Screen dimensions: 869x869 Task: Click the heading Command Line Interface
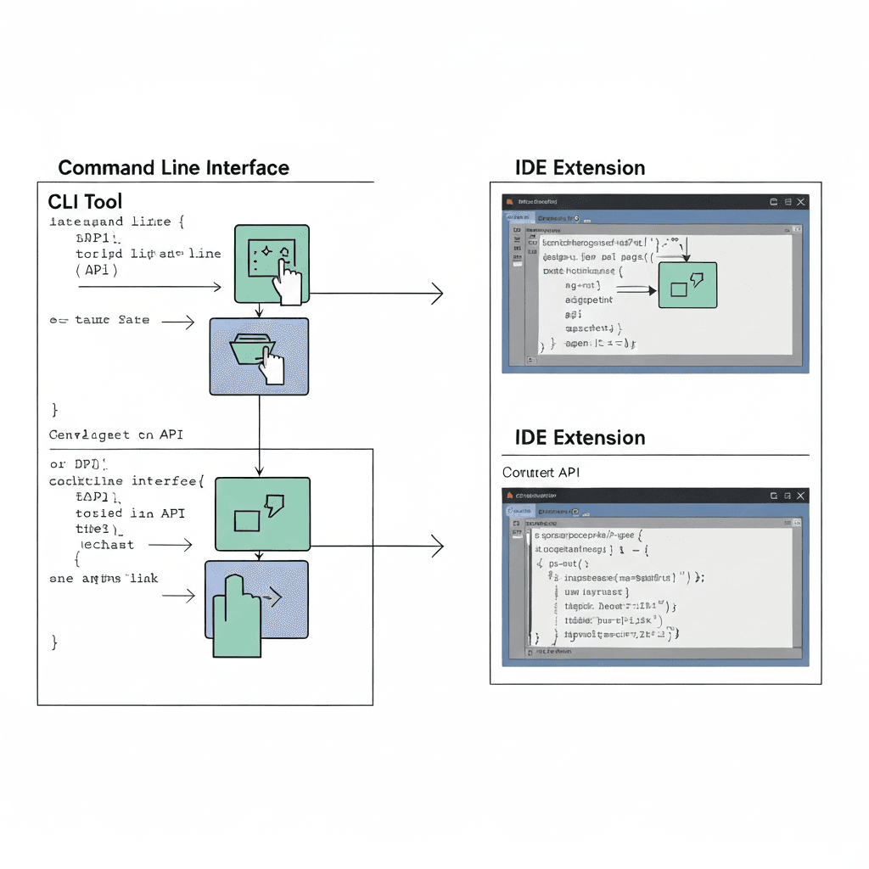coord(173,168)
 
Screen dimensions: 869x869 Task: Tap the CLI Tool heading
coord(85,202)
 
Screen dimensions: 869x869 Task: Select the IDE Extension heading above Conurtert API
coord(580,438)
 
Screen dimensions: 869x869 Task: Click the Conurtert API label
coord(541,472)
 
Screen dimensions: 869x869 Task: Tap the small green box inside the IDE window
coord(687,284)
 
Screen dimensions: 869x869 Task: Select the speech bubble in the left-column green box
coord(274,505)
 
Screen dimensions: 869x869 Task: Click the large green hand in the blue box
coord(235,613)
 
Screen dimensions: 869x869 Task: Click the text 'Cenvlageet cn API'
coord(115,434)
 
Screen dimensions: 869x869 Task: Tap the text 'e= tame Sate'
coord(99,320)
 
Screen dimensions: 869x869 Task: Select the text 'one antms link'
coord(104,578)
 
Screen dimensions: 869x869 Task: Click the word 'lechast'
coord(106,544)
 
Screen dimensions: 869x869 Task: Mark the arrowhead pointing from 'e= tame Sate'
coord(191,322)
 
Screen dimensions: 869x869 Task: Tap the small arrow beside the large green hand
coord(271,599)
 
